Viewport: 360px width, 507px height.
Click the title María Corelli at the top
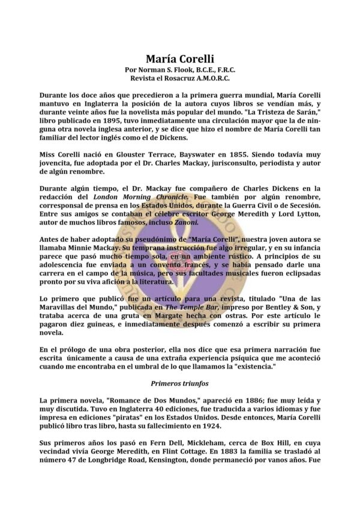180,59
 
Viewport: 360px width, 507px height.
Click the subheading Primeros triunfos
179,382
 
